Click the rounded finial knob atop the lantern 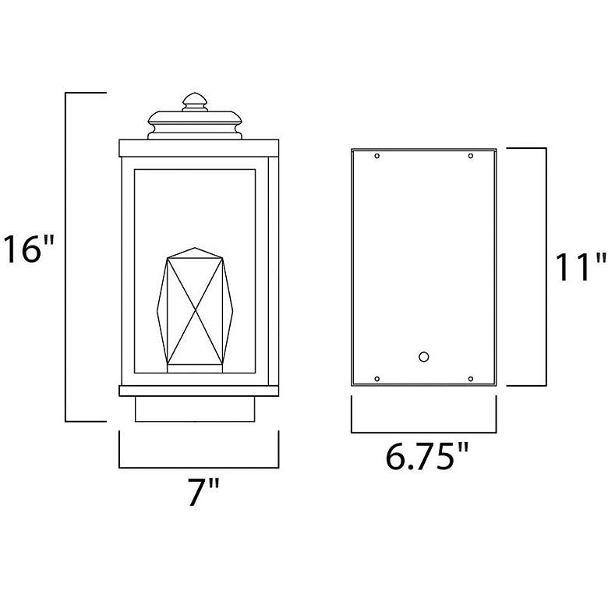194,102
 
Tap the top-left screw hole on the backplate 377,157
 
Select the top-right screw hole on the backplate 470,157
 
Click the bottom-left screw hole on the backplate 377,379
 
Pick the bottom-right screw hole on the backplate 470,379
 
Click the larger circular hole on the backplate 423,357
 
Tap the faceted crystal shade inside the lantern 195,310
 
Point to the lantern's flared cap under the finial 194,125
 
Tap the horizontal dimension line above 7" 198,468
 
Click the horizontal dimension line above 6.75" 423,432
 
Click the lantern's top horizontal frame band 198,147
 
